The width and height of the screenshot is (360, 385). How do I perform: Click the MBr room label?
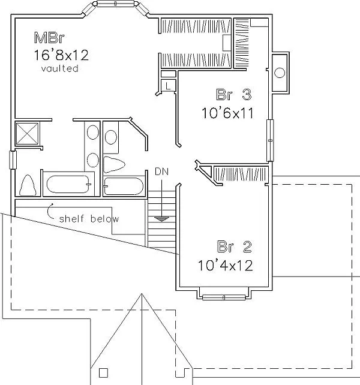coord(49,38)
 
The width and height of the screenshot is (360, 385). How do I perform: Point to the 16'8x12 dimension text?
coord(61,55)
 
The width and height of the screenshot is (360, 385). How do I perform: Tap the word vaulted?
coord(60,68)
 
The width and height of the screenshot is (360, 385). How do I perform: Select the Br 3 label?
coord(233,94)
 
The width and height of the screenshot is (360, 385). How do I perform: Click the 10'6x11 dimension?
coord(227,113)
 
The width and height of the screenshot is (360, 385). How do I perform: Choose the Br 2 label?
coord(235,246)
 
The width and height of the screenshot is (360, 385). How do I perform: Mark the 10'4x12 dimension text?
coord(226,266)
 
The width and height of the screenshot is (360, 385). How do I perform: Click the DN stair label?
coord(161,172)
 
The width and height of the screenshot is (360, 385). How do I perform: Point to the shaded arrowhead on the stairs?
coord(161,219)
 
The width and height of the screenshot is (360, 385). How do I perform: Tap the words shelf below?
coord(89,218)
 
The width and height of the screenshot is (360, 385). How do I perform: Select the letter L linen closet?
coord(168,86)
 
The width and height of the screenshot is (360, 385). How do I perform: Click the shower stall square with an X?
coord(27,133)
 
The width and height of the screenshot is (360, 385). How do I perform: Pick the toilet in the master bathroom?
coord(28,185)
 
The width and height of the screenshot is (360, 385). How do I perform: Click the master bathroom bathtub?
coord(68,184)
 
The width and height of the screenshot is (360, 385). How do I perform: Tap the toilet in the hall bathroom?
coord(114,164)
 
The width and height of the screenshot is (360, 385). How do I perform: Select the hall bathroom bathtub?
coord(124,186)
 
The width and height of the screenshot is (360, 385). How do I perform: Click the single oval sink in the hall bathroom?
coord(111,137)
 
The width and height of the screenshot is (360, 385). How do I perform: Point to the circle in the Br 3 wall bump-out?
coord(280,73)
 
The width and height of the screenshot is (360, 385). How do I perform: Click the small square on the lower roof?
coord(103,373)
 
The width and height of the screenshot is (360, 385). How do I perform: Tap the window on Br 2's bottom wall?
coord(224,297)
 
